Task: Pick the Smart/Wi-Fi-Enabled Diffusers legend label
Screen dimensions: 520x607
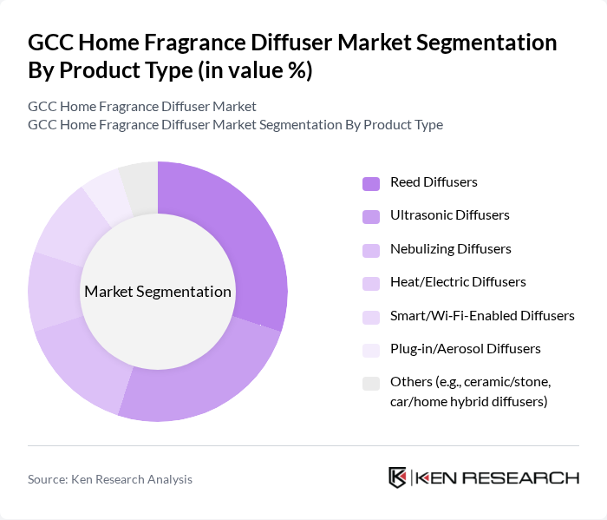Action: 482,316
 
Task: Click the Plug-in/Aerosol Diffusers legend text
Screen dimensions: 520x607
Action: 465,349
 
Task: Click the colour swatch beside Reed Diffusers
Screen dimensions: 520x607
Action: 371,183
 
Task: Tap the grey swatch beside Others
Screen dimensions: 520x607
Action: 371,383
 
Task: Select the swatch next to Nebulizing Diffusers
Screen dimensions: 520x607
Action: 371,250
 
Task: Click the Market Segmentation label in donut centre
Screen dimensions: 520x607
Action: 158,292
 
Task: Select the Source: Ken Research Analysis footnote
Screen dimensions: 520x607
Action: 110,479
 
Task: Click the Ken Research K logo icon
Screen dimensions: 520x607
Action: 398,477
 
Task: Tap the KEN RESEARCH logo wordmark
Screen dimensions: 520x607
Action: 497,477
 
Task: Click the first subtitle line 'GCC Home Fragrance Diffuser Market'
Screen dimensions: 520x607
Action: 142,107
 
